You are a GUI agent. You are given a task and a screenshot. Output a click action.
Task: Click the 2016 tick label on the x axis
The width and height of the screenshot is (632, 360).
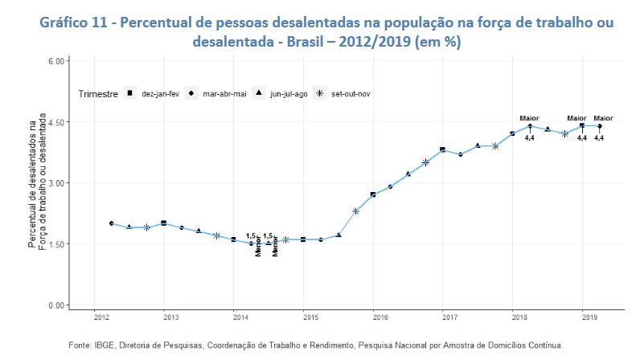373,318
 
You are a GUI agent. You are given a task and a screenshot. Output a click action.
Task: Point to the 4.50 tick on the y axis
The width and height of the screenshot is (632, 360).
56,122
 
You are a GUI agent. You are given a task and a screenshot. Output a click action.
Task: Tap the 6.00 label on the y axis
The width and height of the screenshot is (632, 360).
56,61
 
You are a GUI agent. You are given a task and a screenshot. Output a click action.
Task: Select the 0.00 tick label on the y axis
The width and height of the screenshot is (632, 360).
56,305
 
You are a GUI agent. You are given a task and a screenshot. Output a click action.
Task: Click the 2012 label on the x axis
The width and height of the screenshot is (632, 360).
95,318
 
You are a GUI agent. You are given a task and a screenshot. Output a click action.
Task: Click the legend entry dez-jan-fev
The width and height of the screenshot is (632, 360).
153,94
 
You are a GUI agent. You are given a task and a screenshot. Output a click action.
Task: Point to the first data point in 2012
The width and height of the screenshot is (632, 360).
112,223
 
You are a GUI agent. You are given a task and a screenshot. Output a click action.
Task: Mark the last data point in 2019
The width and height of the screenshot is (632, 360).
599,126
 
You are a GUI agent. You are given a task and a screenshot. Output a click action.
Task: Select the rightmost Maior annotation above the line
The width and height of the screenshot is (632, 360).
603,118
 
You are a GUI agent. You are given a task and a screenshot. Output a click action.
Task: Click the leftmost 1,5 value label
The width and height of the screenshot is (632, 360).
251,235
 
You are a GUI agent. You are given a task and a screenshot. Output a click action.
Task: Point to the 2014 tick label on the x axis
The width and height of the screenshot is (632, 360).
234,318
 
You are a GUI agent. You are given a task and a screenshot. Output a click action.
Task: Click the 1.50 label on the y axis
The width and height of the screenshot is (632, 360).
56,244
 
